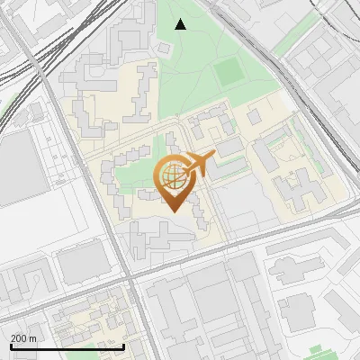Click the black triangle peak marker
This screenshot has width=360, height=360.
click(x=181, y=24)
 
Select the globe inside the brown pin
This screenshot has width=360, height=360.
click(x=172, y=175)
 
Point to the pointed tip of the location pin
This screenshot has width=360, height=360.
click(x=172, y=212)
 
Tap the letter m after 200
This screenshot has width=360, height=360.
click(x=33, y=337)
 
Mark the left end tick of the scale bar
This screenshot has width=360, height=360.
click(x=12, y=346)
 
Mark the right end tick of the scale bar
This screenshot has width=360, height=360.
click(x=123, y=346)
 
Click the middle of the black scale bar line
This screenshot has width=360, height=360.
click(x=67, y=346)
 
